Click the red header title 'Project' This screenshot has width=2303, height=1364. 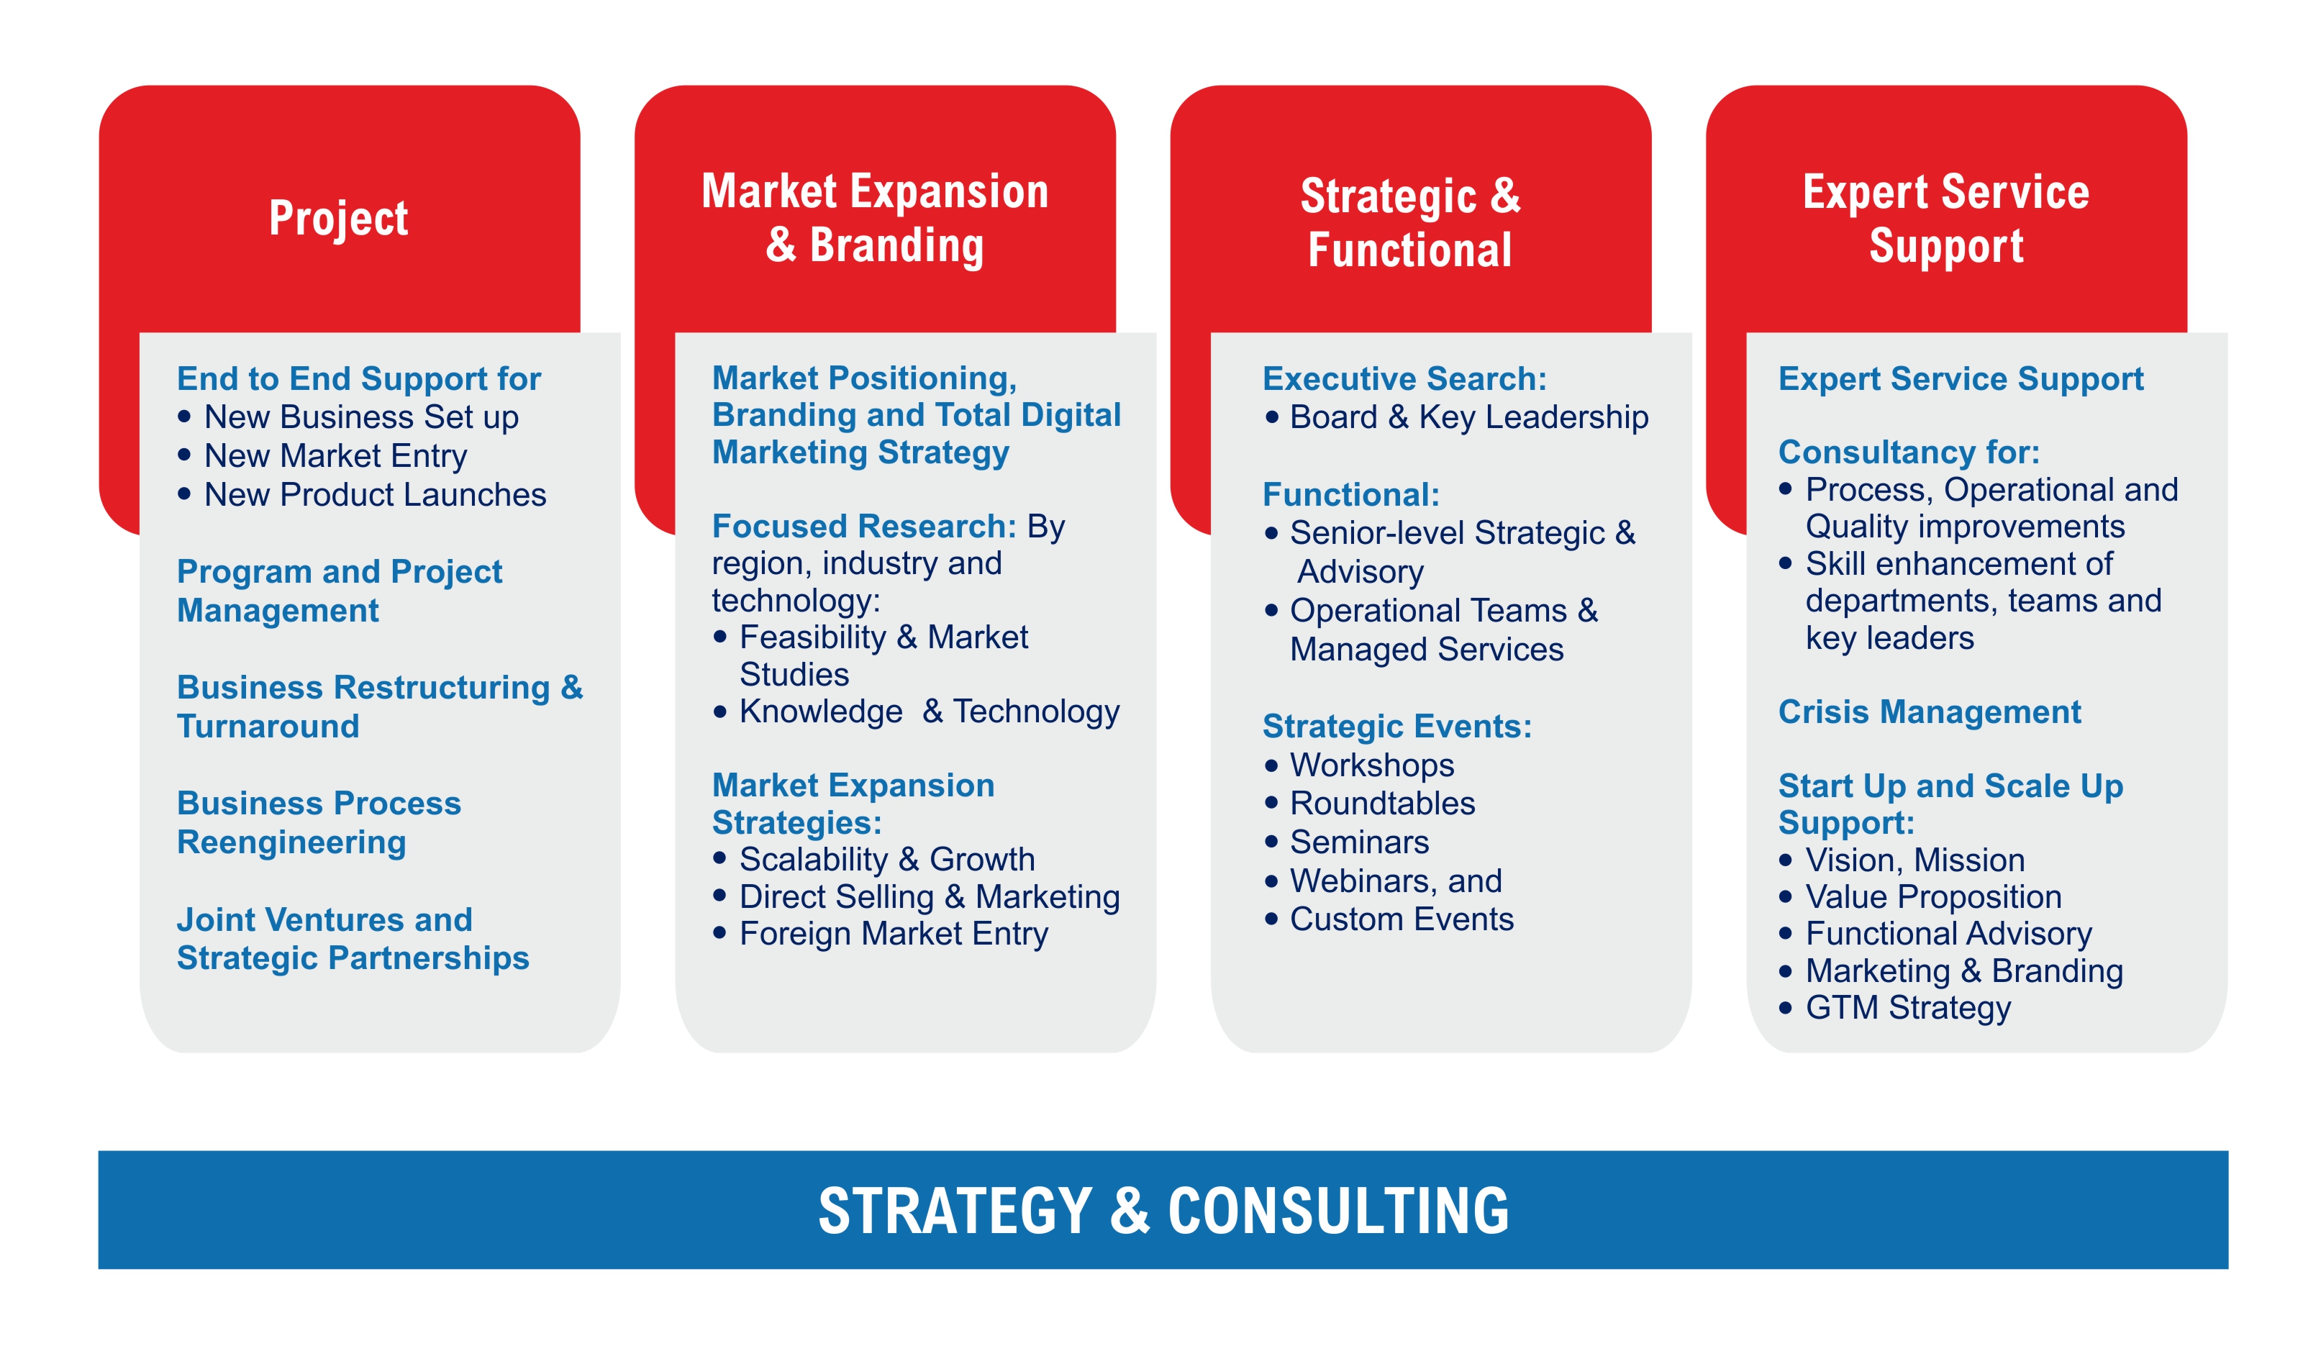[338, 219]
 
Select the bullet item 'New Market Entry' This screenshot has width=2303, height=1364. [335, 456]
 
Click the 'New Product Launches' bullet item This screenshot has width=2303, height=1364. [375, 494]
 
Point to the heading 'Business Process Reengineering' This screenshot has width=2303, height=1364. [318, 822]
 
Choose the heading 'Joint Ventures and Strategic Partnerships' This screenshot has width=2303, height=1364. [352, 938]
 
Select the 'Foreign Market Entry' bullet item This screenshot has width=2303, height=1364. [894, 934]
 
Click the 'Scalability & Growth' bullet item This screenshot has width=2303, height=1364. [887, 860]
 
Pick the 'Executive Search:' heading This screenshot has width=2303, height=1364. [1404, 378]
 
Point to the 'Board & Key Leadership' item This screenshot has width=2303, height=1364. [1468, 417]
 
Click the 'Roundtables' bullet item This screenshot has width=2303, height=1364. [1382, 804]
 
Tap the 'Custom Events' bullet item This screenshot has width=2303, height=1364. [1402, 919]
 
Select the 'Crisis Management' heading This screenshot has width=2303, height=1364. [1929, 712]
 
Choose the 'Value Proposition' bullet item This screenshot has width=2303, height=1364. [1932, 897]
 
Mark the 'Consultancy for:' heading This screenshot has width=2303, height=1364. [1908, 453]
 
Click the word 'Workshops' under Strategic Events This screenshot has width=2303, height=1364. [1371, 765]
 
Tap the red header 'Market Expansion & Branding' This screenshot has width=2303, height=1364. [874, 219]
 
